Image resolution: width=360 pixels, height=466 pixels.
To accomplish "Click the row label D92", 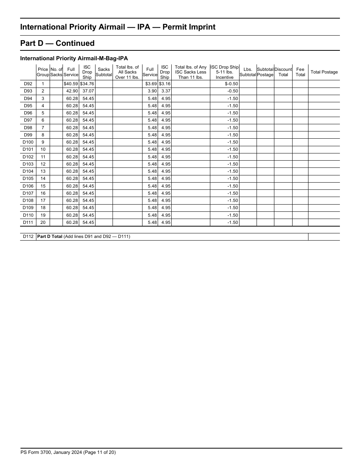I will (28, 84).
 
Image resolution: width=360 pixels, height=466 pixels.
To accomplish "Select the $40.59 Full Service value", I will (71, 84).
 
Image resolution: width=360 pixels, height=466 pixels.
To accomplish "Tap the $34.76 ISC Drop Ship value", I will (87, 84).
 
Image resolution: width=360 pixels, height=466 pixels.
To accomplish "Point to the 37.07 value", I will (88, 91).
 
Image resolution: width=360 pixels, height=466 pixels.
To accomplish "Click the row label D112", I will (28, 237).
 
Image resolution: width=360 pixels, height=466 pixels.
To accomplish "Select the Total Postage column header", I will (324, 72).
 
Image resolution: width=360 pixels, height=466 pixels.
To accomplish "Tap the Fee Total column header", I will (300, 72).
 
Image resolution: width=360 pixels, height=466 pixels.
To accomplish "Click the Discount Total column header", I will (283, 72).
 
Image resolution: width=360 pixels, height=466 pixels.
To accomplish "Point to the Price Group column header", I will (43, 72).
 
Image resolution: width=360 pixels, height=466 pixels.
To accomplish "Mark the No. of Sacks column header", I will (56, 72).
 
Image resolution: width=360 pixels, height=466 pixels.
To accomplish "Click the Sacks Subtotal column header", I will (103, 72).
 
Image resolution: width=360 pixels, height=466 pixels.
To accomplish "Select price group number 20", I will (43, 222).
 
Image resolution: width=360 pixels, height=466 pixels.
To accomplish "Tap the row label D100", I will (28, 142).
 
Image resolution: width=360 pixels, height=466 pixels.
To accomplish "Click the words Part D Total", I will (50, 237).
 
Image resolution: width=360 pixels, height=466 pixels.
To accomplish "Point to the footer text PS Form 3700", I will (36, 452).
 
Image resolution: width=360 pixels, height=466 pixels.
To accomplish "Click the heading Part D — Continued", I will (57, 43).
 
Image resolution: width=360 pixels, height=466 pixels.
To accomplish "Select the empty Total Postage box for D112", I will (324, 237).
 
